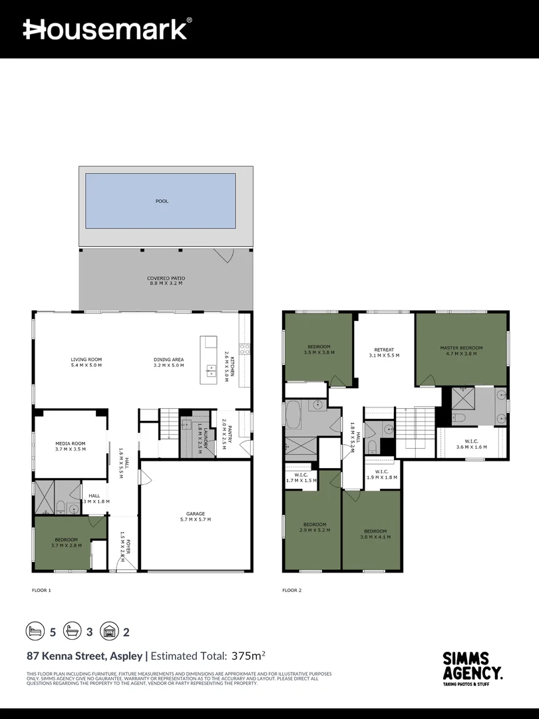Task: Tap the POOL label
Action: (x=162, y=200)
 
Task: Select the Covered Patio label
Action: (x=166, y=280)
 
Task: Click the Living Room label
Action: (x=87, y=362)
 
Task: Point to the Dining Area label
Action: (x=168, y=362)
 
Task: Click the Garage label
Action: (x=196, y=517)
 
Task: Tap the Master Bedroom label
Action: (x=461, y=351)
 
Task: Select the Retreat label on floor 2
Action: (x=384, y=353)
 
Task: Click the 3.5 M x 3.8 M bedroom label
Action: (x=318, y=350)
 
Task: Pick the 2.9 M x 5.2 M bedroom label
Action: (x=314, y=527)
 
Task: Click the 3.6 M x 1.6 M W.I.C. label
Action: (x=472, y=444)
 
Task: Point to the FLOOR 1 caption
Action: (x=41, y=590)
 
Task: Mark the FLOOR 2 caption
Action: (x=291, y=590)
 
